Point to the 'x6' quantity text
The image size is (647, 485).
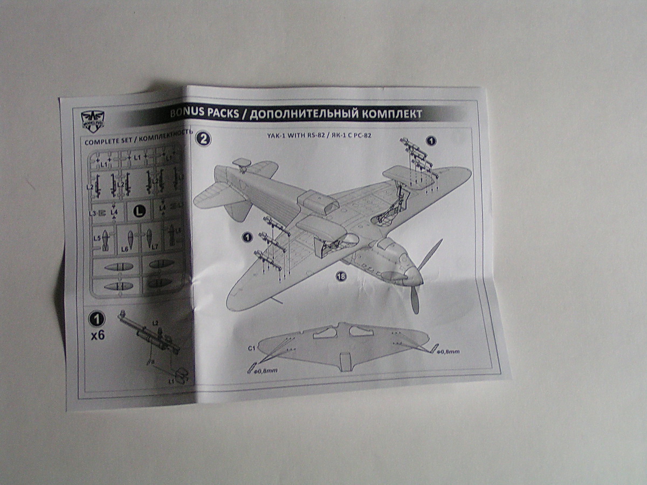tap(98, 335)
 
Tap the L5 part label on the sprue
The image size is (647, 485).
tap(97, 237)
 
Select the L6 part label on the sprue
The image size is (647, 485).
tap(125, 249)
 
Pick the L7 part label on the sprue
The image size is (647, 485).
tap(155, 246)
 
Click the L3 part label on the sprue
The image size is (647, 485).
tap(93, 213)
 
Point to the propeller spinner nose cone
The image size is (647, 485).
tap(415, 275)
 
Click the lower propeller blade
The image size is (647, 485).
tap(415, 300)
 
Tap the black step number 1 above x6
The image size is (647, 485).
tap(97, 319)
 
